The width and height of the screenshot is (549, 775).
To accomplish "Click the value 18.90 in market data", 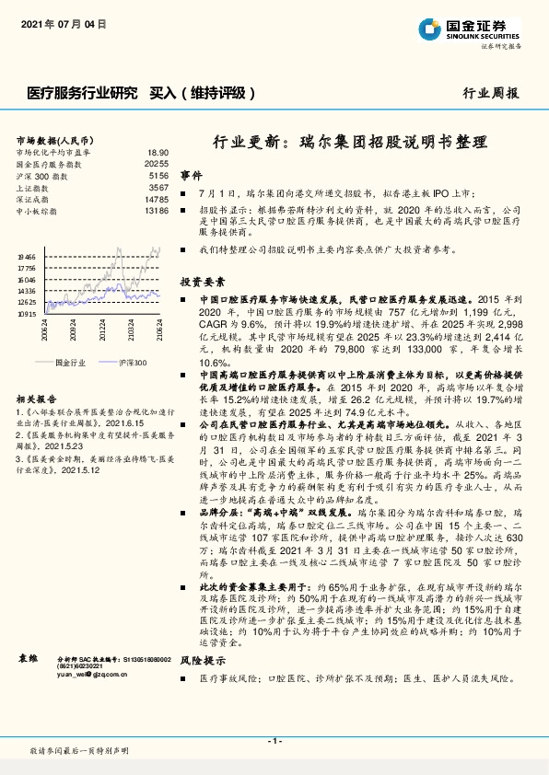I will [x=158, y=152].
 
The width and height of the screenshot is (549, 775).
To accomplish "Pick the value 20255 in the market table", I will [x=156, y=163].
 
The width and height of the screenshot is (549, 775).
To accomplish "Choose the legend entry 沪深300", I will [x=132, y=364].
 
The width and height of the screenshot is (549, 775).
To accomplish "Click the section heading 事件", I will [x=191, y=175].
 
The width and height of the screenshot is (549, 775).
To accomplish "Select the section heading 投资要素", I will [x=198, y=282].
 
